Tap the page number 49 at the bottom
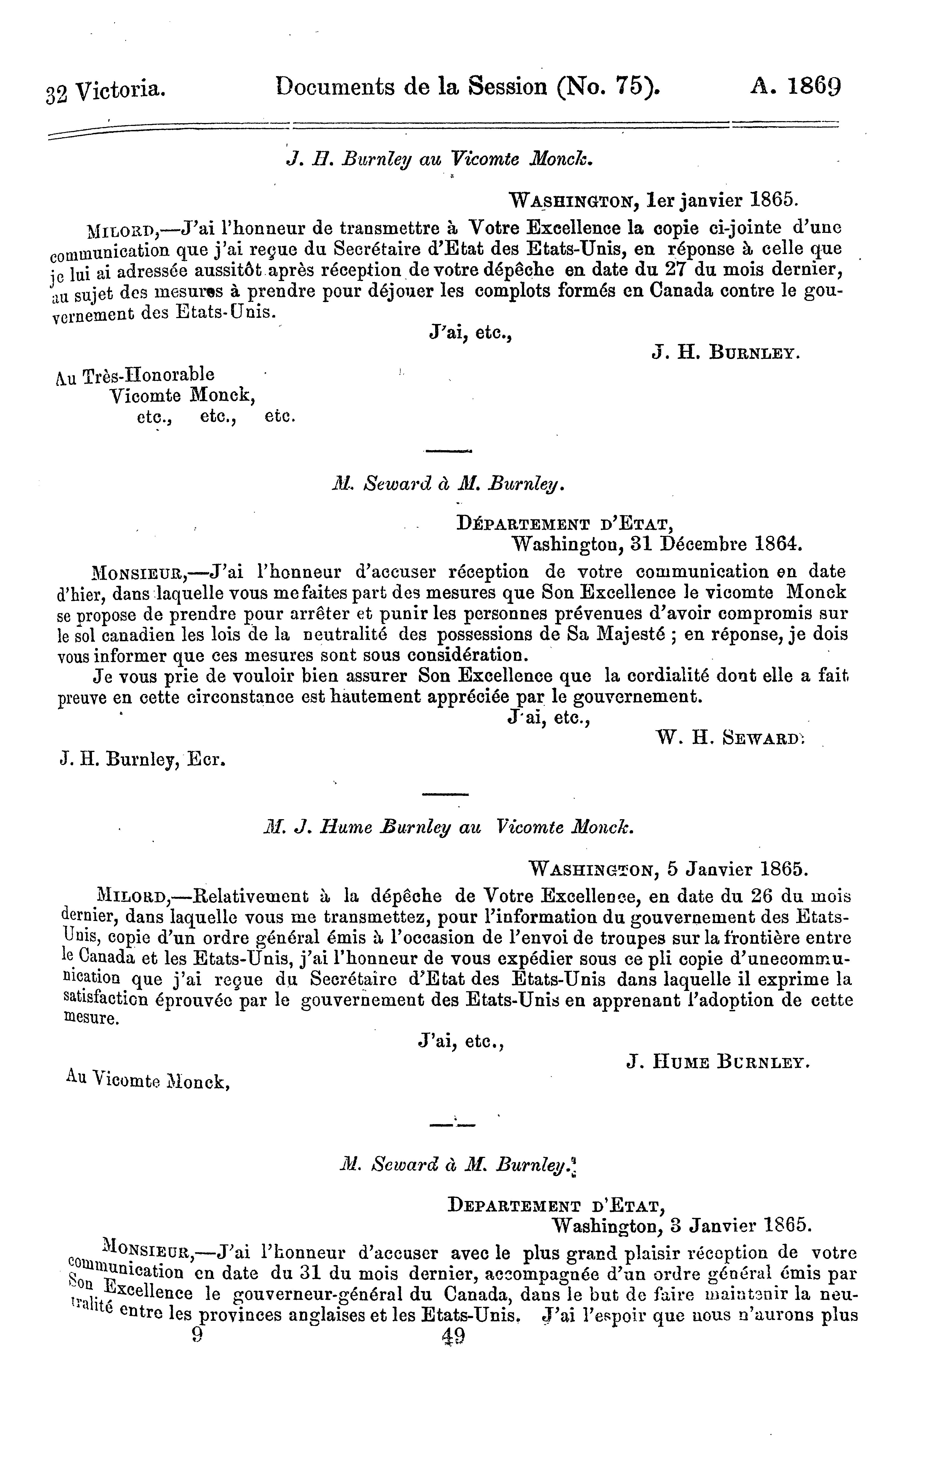[x=453, y=1335]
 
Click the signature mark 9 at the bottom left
[x=197, y=1335]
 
